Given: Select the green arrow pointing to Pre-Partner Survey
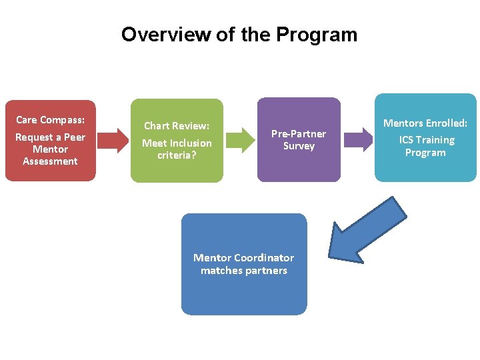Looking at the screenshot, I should (238, 140).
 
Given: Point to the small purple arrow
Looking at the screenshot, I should (359, 140).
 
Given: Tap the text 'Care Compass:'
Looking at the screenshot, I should (50, 120).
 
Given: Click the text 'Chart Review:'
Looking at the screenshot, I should (177, 126).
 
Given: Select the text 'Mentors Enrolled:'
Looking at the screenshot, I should (425, 123).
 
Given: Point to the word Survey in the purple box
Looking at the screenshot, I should (299, 146).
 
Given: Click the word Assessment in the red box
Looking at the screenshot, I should (50, 161).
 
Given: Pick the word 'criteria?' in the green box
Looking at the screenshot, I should (177, 155).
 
